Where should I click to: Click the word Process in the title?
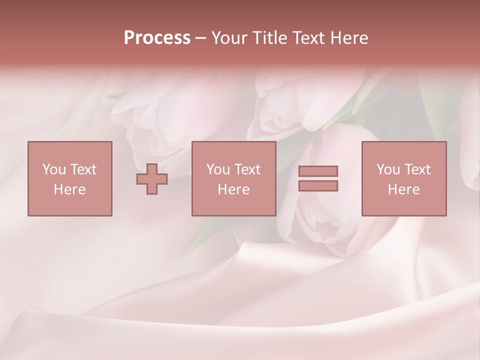click(x=157, y=38)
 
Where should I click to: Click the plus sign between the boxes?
click(x=152, y=178)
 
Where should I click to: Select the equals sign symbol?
click(x=318, y=178)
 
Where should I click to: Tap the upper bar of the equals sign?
click(x=318, y=171)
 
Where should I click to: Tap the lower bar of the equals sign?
click(x=318, y=185)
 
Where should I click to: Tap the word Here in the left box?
click(x=69, y=189)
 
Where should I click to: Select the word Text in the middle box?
click(x=247, y=169)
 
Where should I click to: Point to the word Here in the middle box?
click(x=233, y=189)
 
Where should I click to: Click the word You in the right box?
click(x=387, y=169)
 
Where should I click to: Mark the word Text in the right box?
click(x=417, y=169)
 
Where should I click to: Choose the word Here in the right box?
click(x=403, y=189)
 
